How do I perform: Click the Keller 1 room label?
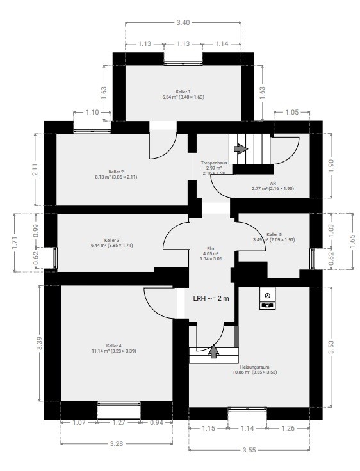coord(183,92)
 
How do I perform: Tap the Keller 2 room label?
coord(116,172)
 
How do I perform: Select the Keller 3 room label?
coord(112,241)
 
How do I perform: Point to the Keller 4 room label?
coord(113,346)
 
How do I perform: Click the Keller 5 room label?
coord(274,234)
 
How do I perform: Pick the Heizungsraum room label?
coord(255,367)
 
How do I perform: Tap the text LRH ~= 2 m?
coord(211,298)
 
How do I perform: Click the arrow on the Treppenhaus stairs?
coord(241,148)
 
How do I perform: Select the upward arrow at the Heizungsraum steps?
coord(213,351)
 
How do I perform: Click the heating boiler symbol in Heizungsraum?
coord(267,298)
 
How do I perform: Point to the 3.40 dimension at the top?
coord(183,22)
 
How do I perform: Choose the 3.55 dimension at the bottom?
coord(249,450)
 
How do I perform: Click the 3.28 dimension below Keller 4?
coord(117,443)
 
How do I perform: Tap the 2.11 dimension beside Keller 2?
coord(35,170)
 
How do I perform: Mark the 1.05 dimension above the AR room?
coord(291,112)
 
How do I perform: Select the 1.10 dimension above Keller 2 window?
coord(92,112)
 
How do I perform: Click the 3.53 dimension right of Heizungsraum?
coord(331,347)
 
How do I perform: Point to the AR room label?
coord(273,183)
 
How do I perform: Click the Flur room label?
coord(211,248)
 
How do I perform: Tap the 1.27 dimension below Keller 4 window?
coord(119,422)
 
